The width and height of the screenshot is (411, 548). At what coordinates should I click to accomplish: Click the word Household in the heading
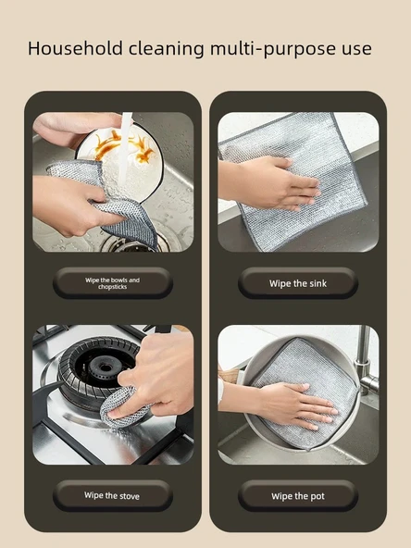[x=75, y=48]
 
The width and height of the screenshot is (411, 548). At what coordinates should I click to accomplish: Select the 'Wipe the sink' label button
[x=298, y=283]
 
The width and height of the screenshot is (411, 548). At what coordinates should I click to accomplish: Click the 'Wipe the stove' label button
[x=113, y=495]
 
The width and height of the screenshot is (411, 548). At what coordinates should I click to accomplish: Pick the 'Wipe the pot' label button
[x=298, y=496]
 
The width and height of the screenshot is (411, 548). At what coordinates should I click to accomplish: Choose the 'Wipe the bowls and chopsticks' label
[x=113, y=283]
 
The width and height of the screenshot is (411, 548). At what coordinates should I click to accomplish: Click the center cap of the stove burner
[x=105, y=367]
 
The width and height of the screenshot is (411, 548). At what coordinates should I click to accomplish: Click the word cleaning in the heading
[x=167, y=49]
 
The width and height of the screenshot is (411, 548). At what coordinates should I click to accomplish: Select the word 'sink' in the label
[x=318, y=283]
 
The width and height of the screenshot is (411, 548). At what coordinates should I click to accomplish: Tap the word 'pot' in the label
[x=317, y=496]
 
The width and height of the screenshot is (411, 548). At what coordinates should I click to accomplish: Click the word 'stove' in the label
[x=130, y=496]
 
